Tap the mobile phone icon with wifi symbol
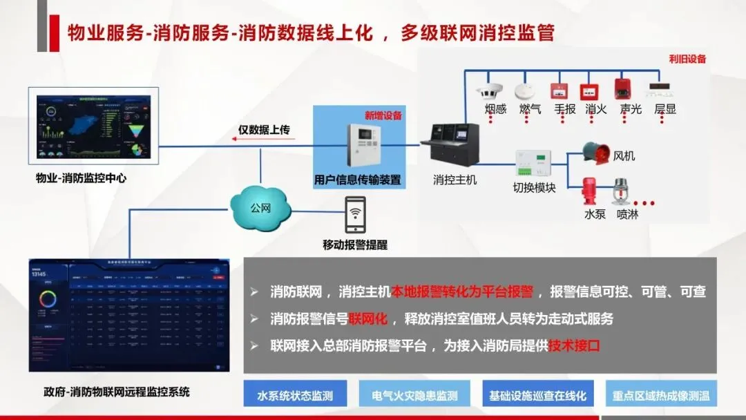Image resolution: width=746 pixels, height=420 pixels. point(356,215)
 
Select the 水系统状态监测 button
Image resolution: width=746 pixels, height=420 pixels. point(295,396)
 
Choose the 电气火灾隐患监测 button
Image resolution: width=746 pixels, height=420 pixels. point(414,396)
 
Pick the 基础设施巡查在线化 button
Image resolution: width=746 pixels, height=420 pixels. point(537,396)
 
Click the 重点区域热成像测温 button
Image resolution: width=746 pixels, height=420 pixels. point(661,396)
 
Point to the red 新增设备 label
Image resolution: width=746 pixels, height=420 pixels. point(383,115)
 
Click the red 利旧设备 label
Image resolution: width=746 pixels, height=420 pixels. point(687,59)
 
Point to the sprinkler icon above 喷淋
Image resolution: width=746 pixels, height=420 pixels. point(620,191)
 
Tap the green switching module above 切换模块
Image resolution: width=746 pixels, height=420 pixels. point(534,164)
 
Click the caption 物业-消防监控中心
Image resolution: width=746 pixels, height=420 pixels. point(82,179)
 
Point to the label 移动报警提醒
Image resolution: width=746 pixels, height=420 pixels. point(355,245)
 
